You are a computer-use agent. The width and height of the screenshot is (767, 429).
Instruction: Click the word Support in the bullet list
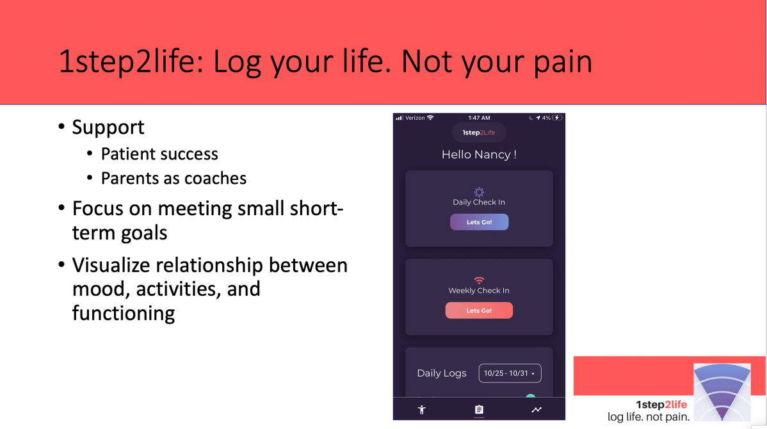[x=108, y=127]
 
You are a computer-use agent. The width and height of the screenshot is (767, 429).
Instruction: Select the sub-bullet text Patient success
[x=159, y=154]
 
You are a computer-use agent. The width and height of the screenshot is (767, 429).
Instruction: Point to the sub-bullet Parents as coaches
[x=174, y=178]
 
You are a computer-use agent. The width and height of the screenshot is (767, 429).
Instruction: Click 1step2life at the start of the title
[x=129, y=61]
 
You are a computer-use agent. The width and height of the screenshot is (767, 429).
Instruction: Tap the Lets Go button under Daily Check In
[x=479, y=222]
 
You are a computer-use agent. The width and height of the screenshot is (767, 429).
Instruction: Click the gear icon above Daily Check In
[x=479, y=191]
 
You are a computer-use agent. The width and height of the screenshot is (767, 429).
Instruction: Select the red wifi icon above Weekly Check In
[x=479, y=280]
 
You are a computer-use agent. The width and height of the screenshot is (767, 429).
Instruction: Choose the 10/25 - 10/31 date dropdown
[x=510, y=373]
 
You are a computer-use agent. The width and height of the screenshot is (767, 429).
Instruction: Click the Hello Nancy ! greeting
[x=479, y=155]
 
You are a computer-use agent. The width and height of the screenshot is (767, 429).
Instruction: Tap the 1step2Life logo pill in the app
[x=479, y=133]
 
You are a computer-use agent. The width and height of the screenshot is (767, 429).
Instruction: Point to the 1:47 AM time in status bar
[x=479, y=118]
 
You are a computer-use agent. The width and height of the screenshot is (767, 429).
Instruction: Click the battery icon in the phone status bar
[x=558, y=118]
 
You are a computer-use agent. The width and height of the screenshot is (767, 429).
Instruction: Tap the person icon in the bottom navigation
[x=421, y=410]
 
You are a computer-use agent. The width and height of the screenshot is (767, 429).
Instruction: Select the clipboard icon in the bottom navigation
[x=479, y=410]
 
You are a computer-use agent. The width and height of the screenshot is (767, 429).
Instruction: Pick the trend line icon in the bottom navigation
[x=537, y=410]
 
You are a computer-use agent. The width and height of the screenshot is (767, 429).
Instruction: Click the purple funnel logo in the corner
[x=722, y=391]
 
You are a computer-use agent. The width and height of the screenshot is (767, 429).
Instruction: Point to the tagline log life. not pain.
[x=649, y=417]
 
